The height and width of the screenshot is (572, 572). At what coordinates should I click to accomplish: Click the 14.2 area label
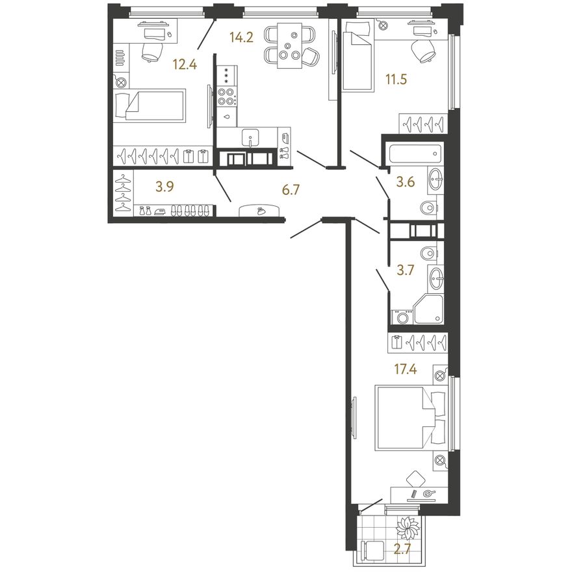(241, 37)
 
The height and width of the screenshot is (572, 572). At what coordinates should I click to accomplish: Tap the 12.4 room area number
(185, 65)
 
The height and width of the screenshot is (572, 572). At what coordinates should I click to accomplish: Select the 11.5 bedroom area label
(396, 79)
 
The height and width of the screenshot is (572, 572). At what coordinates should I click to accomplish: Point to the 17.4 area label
(405, 370)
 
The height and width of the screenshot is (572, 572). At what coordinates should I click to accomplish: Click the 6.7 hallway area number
(291, 190)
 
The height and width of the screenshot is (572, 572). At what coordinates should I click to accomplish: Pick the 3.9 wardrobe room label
(164, 187)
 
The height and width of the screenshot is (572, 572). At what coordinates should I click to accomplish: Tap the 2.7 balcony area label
(403, 549)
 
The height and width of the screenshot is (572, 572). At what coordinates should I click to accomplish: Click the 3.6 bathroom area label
(406, 181)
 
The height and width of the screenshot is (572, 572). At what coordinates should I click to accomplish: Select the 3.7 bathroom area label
(406, 270)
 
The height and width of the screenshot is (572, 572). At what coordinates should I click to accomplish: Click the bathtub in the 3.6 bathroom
(415, 153)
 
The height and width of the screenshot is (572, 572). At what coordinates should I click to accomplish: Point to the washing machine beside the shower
(402, 317)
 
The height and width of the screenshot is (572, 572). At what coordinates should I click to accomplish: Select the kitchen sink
(250, 138)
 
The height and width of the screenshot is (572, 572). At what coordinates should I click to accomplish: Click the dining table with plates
(289, 45)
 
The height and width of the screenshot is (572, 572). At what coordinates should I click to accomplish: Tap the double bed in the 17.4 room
(411, 418)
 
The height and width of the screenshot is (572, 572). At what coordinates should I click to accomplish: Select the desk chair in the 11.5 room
(423, 49)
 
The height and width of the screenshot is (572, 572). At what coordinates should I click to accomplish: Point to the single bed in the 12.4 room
(149, 105)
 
